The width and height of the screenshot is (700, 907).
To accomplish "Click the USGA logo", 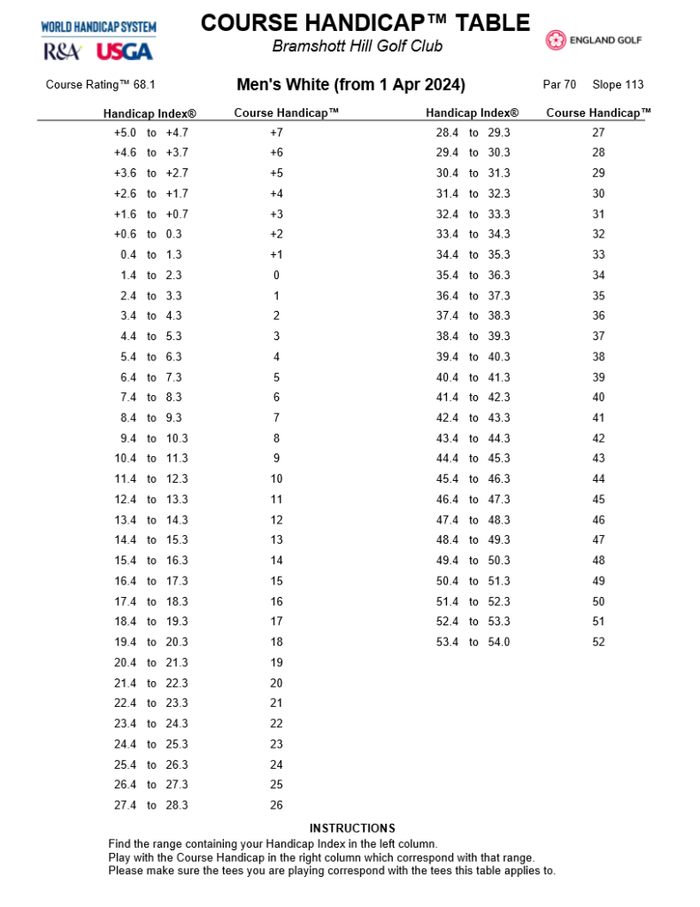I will (124, 51).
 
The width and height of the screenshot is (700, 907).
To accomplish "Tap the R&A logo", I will (63, 51).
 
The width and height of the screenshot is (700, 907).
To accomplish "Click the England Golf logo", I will (593, 40).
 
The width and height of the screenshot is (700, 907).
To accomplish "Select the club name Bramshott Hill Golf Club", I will (358, 46).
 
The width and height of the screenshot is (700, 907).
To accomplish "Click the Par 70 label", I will (559, 85).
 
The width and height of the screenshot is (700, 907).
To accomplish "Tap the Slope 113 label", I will (618, 85).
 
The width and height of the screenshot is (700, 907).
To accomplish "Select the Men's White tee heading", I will (350, 85).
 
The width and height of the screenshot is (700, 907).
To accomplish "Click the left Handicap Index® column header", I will (150, 113).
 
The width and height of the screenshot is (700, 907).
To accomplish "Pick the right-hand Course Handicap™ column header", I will (598, 112).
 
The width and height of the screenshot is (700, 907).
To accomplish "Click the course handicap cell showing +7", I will (276, 133).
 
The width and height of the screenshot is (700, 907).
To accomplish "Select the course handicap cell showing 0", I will (276, 275).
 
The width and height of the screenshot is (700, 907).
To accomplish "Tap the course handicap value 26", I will (276, 805).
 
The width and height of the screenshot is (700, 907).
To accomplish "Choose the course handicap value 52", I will (598, 642).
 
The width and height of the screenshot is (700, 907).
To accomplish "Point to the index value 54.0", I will (499, 642).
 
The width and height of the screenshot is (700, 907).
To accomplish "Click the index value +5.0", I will (125, 133).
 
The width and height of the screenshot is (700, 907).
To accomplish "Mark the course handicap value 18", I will (276, 642).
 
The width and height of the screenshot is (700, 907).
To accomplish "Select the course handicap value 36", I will (598, 316).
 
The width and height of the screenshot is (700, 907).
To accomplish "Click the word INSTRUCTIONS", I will (352, 828).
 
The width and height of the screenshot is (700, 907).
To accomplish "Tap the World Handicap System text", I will (98, 27).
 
